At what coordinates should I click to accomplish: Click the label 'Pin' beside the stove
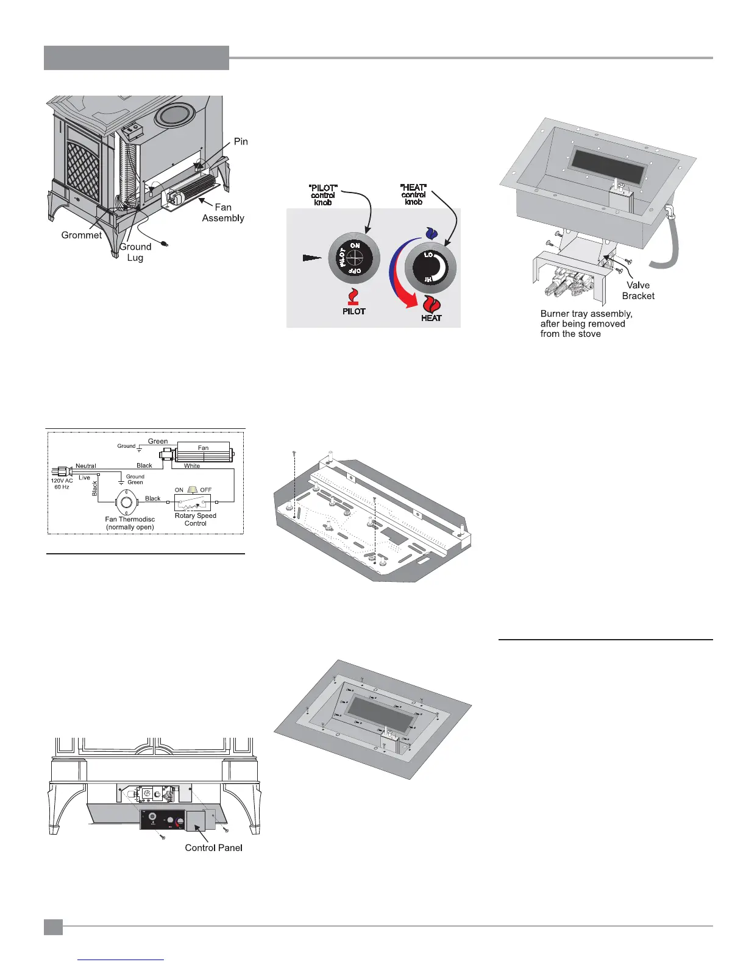(x=241, y=141)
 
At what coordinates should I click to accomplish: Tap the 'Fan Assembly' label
(x=223, y=213)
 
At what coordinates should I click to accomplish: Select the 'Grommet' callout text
(x=82, y=235)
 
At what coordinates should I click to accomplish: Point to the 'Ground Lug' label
(x=135, y=252)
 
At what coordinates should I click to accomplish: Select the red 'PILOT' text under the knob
(x=353, y=311)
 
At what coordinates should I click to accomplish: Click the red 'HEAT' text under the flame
(x=431, y=318)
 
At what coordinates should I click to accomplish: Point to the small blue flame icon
(x=431, y=233)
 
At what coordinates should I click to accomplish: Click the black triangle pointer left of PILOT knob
(x=311, y=258)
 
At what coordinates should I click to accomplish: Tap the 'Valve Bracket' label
(x=638, y=291)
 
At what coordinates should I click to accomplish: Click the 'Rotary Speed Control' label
(x=196, y=519)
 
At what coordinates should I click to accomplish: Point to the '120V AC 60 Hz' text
(x=62, y=484)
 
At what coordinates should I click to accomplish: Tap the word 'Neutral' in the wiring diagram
(x=86, y=466)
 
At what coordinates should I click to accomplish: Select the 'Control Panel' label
(x=213, y=848)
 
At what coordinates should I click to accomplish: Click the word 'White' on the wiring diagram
(x=192, y=466)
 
